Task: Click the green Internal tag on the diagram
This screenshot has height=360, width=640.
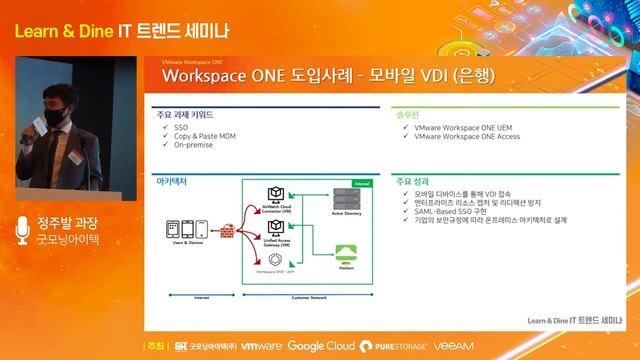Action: pos(360,184)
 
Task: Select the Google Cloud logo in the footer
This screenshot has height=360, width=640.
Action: pos(320,346)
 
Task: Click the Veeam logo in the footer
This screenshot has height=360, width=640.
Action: pos(454,346)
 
